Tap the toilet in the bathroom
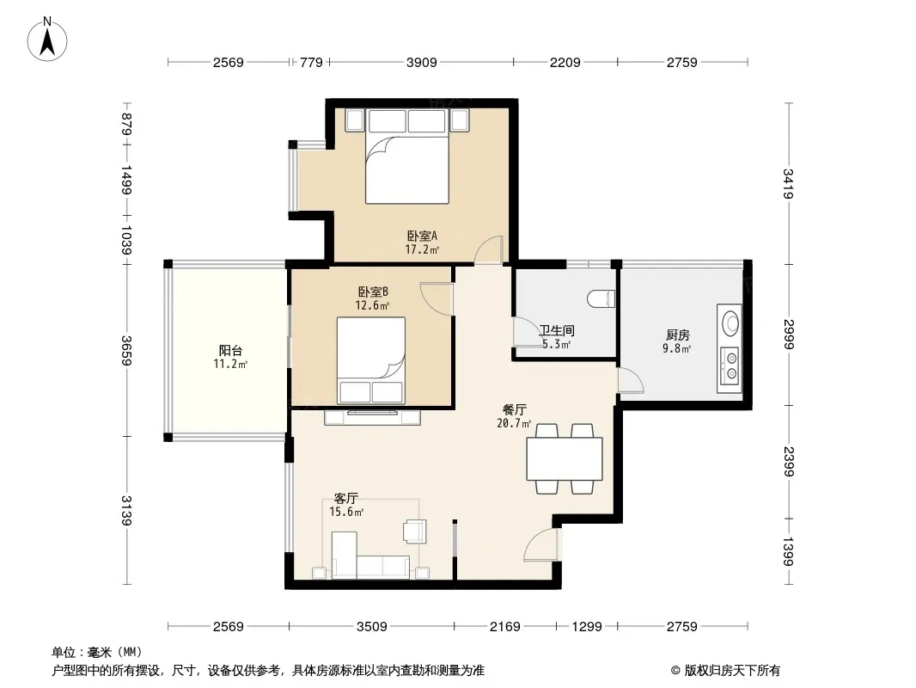click(x=602, y=298)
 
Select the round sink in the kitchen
click(x=730, y=322)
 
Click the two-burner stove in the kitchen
click(x=730, y=366)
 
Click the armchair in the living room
click(x=415, y=531)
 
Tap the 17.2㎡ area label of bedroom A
click(x=422, y=249)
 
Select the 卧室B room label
click(x=373, y=292)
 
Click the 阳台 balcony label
click(x=231, y=351)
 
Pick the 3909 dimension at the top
click(x=422, y=63)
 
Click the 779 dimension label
click(x=311, y=63)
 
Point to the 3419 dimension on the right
click(x=788, y=183)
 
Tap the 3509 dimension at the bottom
click(x=372, y=627)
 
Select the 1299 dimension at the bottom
click(x=587, y=627)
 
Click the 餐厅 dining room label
click(x=514, y=409)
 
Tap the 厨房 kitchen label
click(x=678, y=335)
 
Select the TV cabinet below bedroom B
click(x=373, y=417)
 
